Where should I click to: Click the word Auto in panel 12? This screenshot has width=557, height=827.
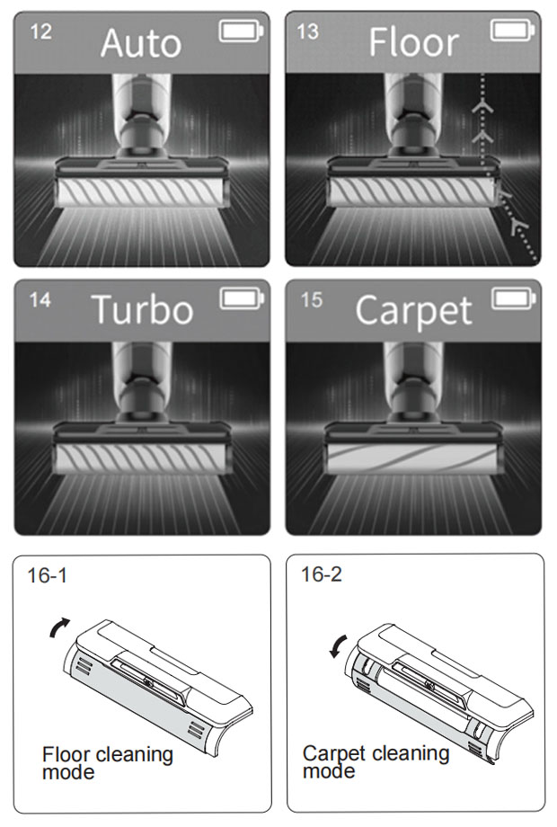(141, 43)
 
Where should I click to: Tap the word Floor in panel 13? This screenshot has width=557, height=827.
(413, 42)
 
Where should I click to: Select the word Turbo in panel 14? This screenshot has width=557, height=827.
(142, 309)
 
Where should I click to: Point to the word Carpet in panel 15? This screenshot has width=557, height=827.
(413, 312)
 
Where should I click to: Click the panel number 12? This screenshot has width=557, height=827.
(41, 31)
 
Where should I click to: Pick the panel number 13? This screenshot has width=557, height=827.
(308, 31)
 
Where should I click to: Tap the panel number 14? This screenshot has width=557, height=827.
(40, 300)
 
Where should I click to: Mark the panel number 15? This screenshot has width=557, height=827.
(312, 300)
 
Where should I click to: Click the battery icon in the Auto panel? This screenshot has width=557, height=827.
(242, 31)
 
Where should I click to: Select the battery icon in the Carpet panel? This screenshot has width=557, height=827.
(514, 298)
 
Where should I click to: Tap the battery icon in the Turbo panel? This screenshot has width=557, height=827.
(242, 298)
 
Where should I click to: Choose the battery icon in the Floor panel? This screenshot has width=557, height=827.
(513, 30)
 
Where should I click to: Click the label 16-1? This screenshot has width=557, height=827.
(48, 575)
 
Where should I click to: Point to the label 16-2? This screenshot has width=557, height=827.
(322, 574)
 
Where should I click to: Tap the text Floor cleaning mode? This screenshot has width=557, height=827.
(108, 763)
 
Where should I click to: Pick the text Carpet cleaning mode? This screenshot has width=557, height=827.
(376, 761)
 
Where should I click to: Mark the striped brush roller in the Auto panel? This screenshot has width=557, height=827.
(141, 191)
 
